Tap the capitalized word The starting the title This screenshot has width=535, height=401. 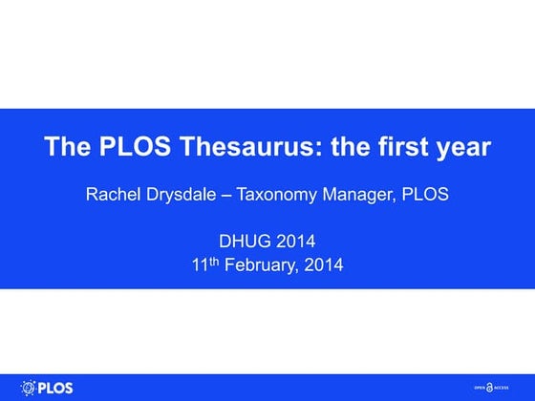tap(67, 148)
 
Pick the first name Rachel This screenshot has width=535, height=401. tap(112, 195)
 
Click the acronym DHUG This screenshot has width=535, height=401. tap(245, 242)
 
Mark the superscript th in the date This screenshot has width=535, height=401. tap(215, 261)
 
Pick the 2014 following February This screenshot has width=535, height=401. tap(323, 265)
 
